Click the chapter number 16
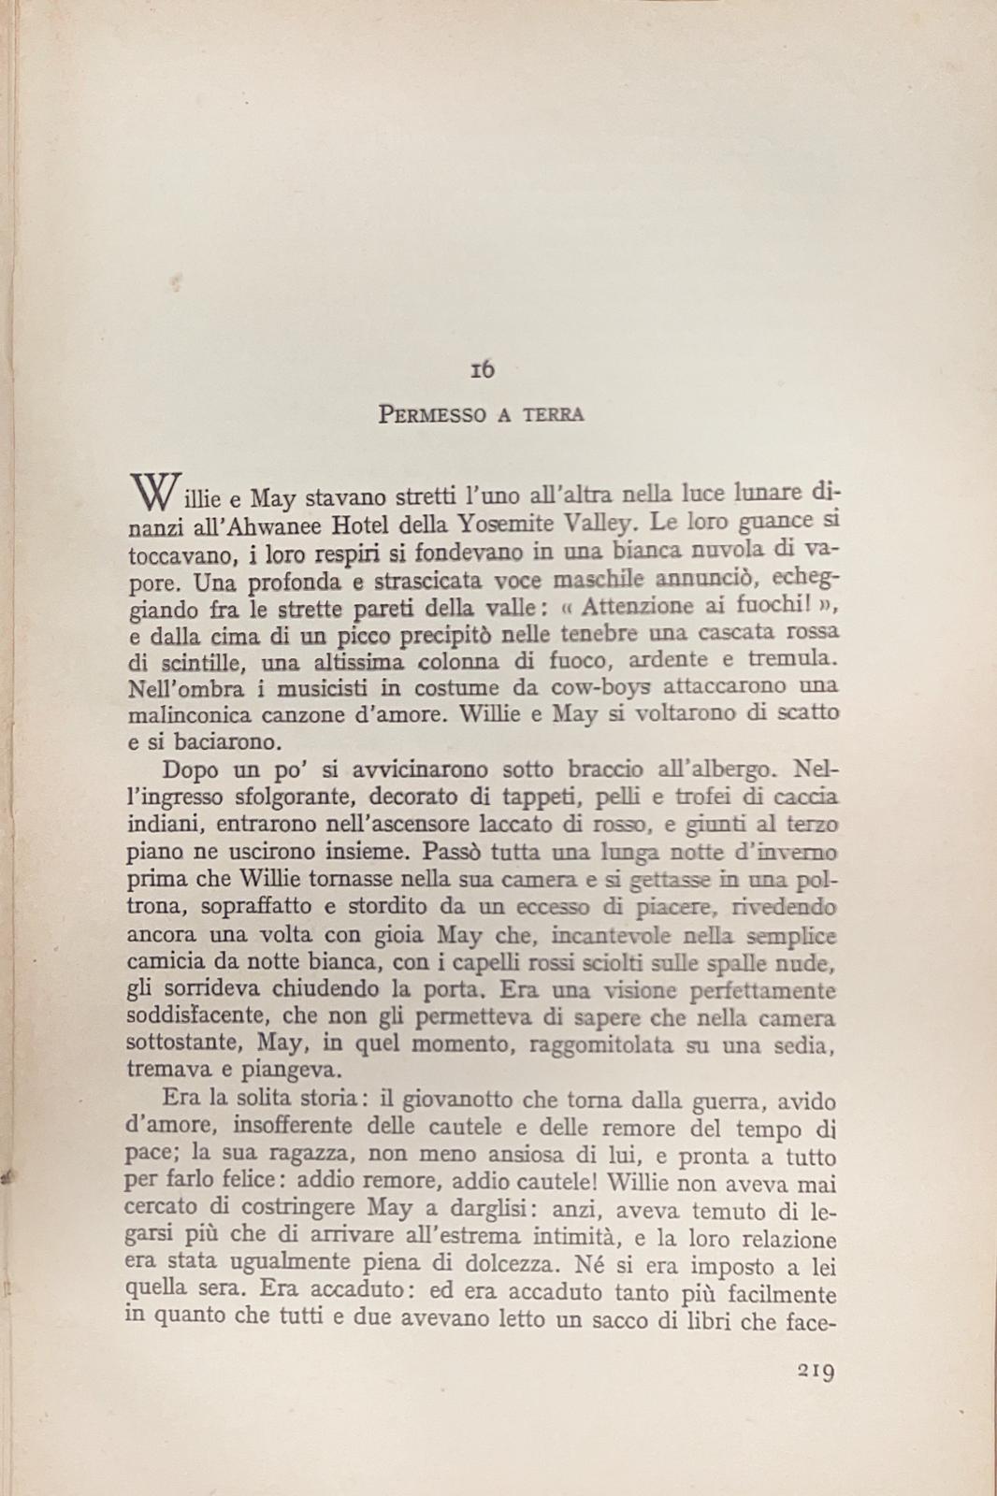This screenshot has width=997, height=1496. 483,370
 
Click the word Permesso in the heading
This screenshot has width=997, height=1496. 432,414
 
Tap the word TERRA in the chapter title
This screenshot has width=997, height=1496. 554,414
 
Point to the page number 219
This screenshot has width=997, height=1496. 816,1372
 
